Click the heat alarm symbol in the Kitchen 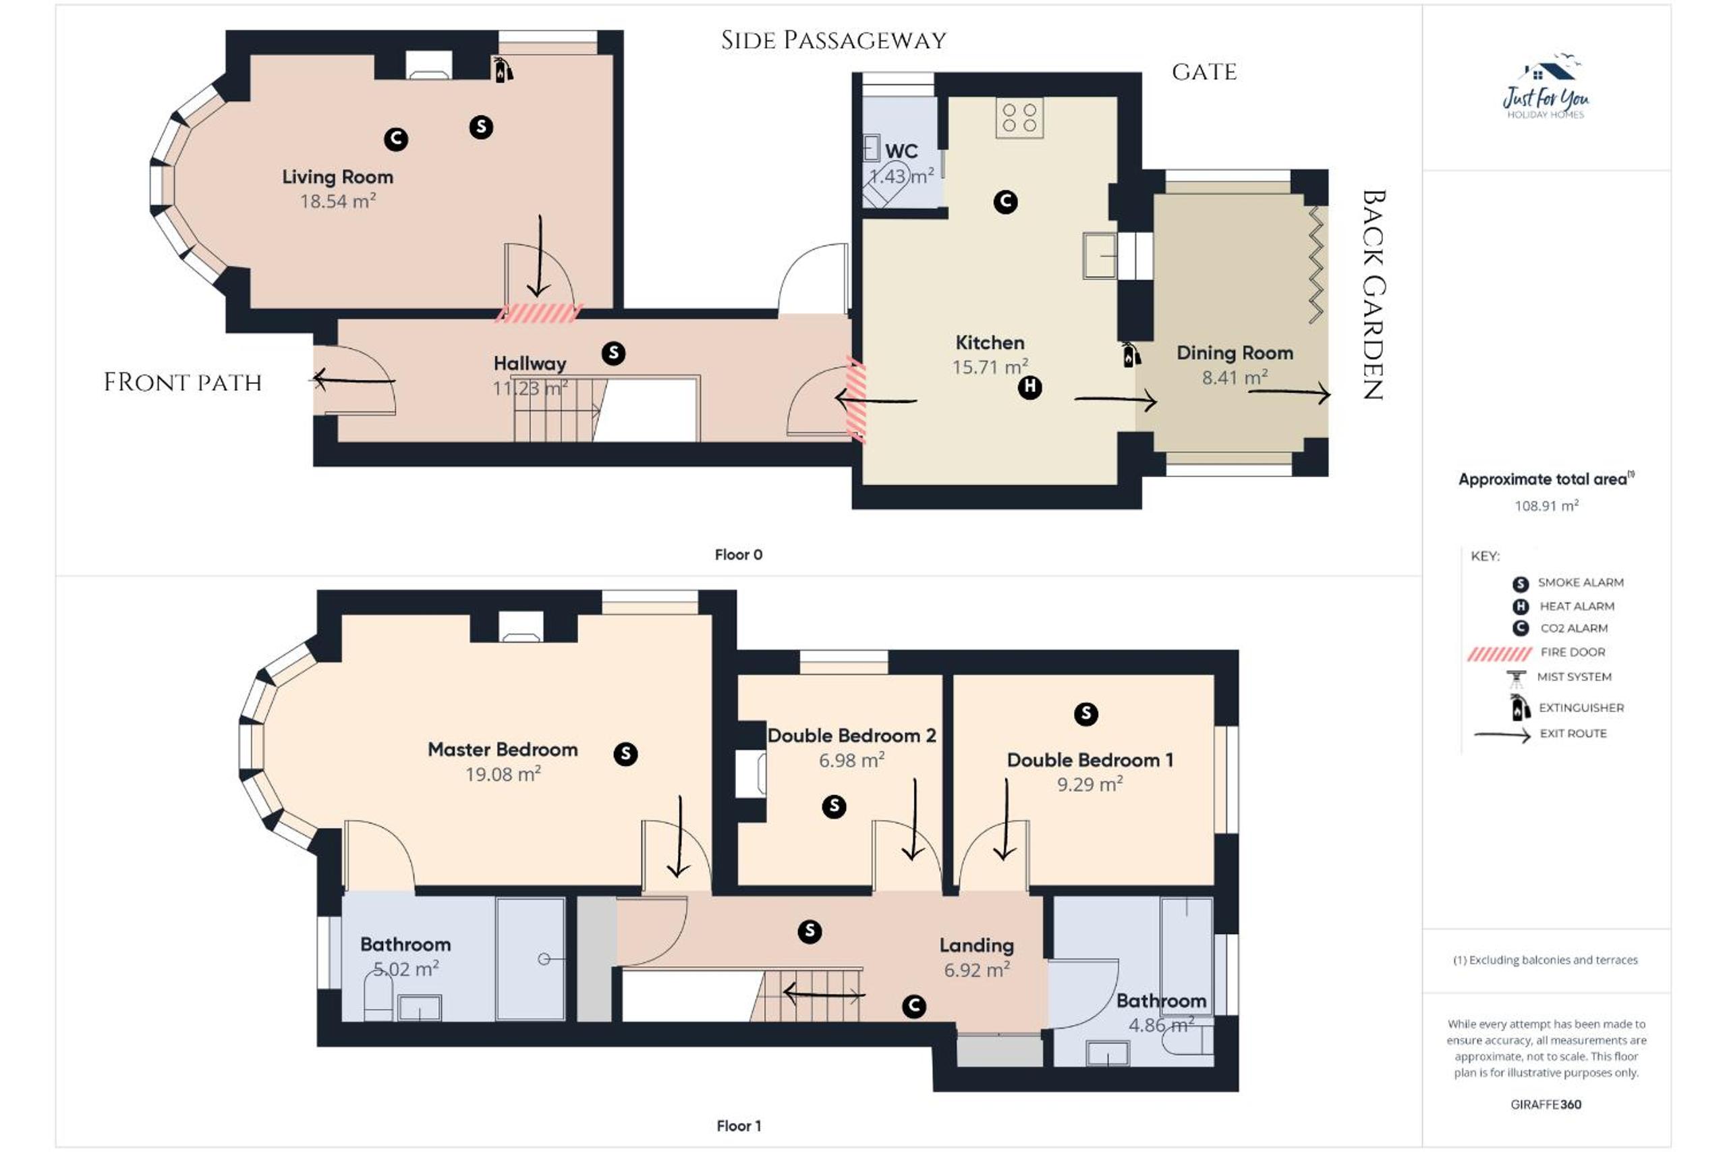coord(1029,387)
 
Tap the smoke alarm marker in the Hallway coord(613,354)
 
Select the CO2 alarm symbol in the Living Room coord(396,139)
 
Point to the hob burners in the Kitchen coord(1019,117)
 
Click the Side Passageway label coord(833,40)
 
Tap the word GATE coord(1204,72)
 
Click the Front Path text coord(183,382)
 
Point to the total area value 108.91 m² coord(1546,505)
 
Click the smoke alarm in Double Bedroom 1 coord(1085,713)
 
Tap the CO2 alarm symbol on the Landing coord(913,1006)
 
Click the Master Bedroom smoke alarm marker coord(625,753)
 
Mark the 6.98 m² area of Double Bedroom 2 coord(852,760)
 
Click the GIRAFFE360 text coord(1546,1104)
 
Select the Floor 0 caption coord(739,555)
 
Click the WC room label coord(901,151)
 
